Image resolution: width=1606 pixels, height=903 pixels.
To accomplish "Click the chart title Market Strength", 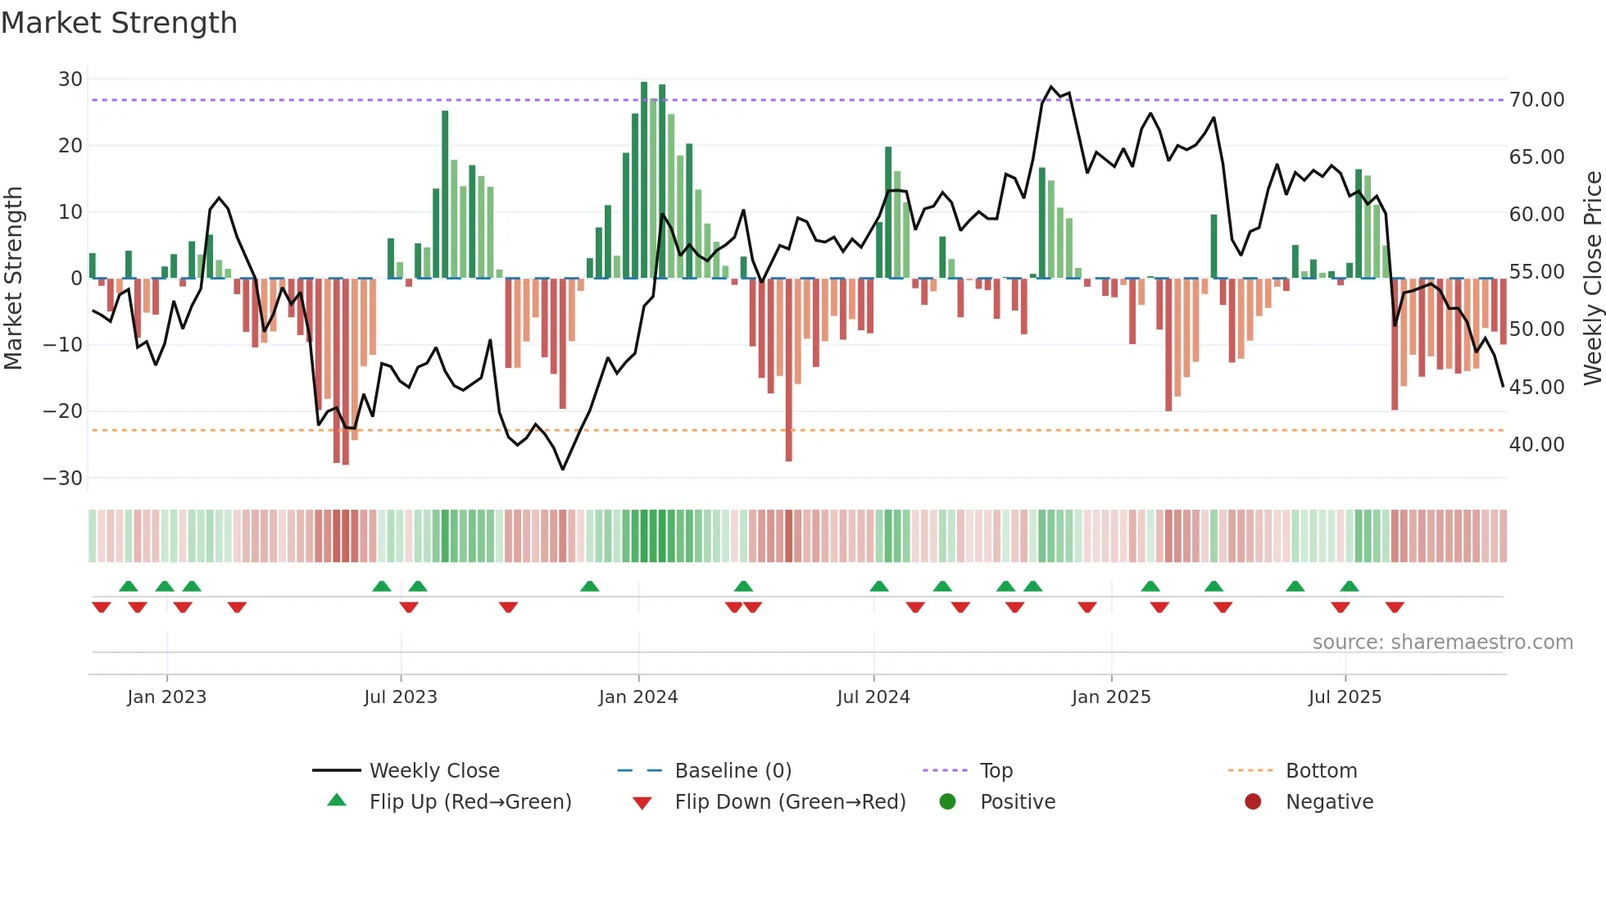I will (119, 23).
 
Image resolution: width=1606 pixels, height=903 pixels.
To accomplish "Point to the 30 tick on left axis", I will (70, 79).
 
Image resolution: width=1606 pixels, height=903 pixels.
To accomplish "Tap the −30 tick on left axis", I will (63, 479).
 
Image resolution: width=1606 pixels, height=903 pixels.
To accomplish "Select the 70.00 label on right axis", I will (1536, 100).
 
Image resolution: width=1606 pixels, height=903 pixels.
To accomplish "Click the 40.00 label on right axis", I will (1536, 445).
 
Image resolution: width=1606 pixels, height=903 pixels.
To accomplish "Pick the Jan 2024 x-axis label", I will (638, 697).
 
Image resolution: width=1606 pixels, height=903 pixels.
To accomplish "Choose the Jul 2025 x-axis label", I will (1345, 697).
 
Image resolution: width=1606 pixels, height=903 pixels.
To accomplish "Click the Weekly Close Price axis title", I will (1592, 279).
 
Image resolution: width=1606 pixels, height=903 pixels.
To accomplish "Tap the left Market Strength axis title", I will (13, 279).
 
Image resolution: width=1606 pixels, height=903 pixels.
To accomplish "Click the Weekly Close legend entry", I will (433, 771).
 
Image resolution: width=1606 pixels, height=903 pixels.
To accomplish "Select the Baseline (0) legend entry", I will (733, 771).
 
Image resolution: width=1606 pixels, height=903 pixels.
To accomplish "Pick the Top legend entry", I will (996, 771).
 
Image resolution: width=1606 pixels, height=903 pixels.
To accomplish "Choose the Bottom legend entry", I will (1321, 771).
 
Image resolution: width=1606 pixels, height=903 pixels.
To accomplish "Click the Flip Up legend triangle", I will (337, 801).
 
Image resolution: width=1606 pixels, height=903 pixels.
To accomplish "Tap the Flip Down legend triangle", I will (642, 803).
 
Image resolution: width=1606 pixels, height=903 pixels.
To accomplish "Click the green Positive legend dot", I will (947, 801).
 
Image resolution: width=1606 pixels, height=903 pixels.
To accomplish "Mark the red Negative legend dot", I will (1253, 801).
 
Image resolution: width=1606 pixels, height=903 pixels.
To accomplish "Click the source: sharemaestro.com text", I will (1442, 642).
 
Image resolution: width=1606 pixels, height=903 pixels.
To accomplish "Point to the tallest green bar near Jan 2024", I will (644, 180).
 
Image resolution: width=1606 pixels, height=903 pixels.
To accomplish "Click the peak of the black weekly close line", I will (1052, 87).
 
